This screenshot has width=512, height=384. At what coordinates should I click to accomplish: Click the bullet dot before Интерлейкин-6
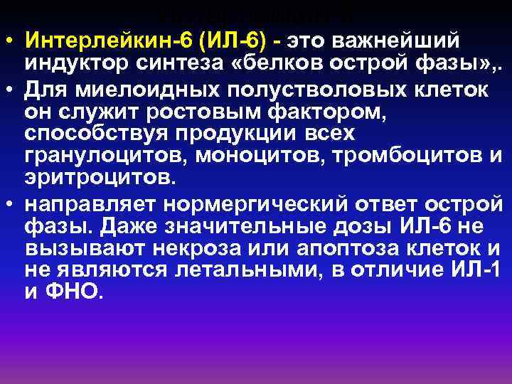(x=10, y=37)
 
